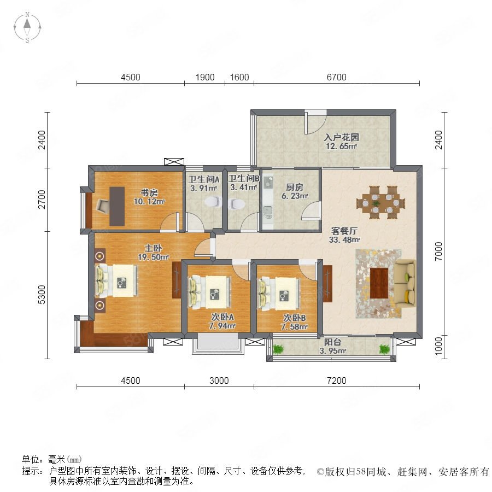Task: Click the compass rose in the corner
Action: tap(27, 27)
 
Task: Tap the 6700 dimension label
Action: tap(336, 77)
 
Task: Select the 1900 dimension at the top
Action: tap(205, 77)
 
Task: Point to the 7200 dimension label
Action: tap(336, 380)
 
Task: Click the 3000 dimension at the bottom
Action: tap(219, 380)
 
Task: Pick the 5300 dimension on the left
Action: tap(42, 295)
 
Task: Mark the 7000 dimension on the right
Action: tap(438, 251)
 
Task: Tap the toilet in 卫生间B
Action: tap(238, 204)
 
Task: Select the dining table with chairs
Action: tap(380, 202)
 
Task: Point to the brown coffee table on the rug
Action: tap(379, 283)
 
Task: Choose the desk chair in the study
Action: tap(103, 206)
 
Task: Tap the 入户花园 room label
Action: tap(341, 137)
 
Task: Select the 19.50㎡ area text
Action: tap(154, 257)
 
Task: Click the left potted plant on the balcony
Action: tap(278, 349)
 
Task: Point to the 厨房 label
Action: tap(295, 188)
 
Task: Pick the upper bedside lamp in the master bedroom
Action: tap(100, 256)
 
